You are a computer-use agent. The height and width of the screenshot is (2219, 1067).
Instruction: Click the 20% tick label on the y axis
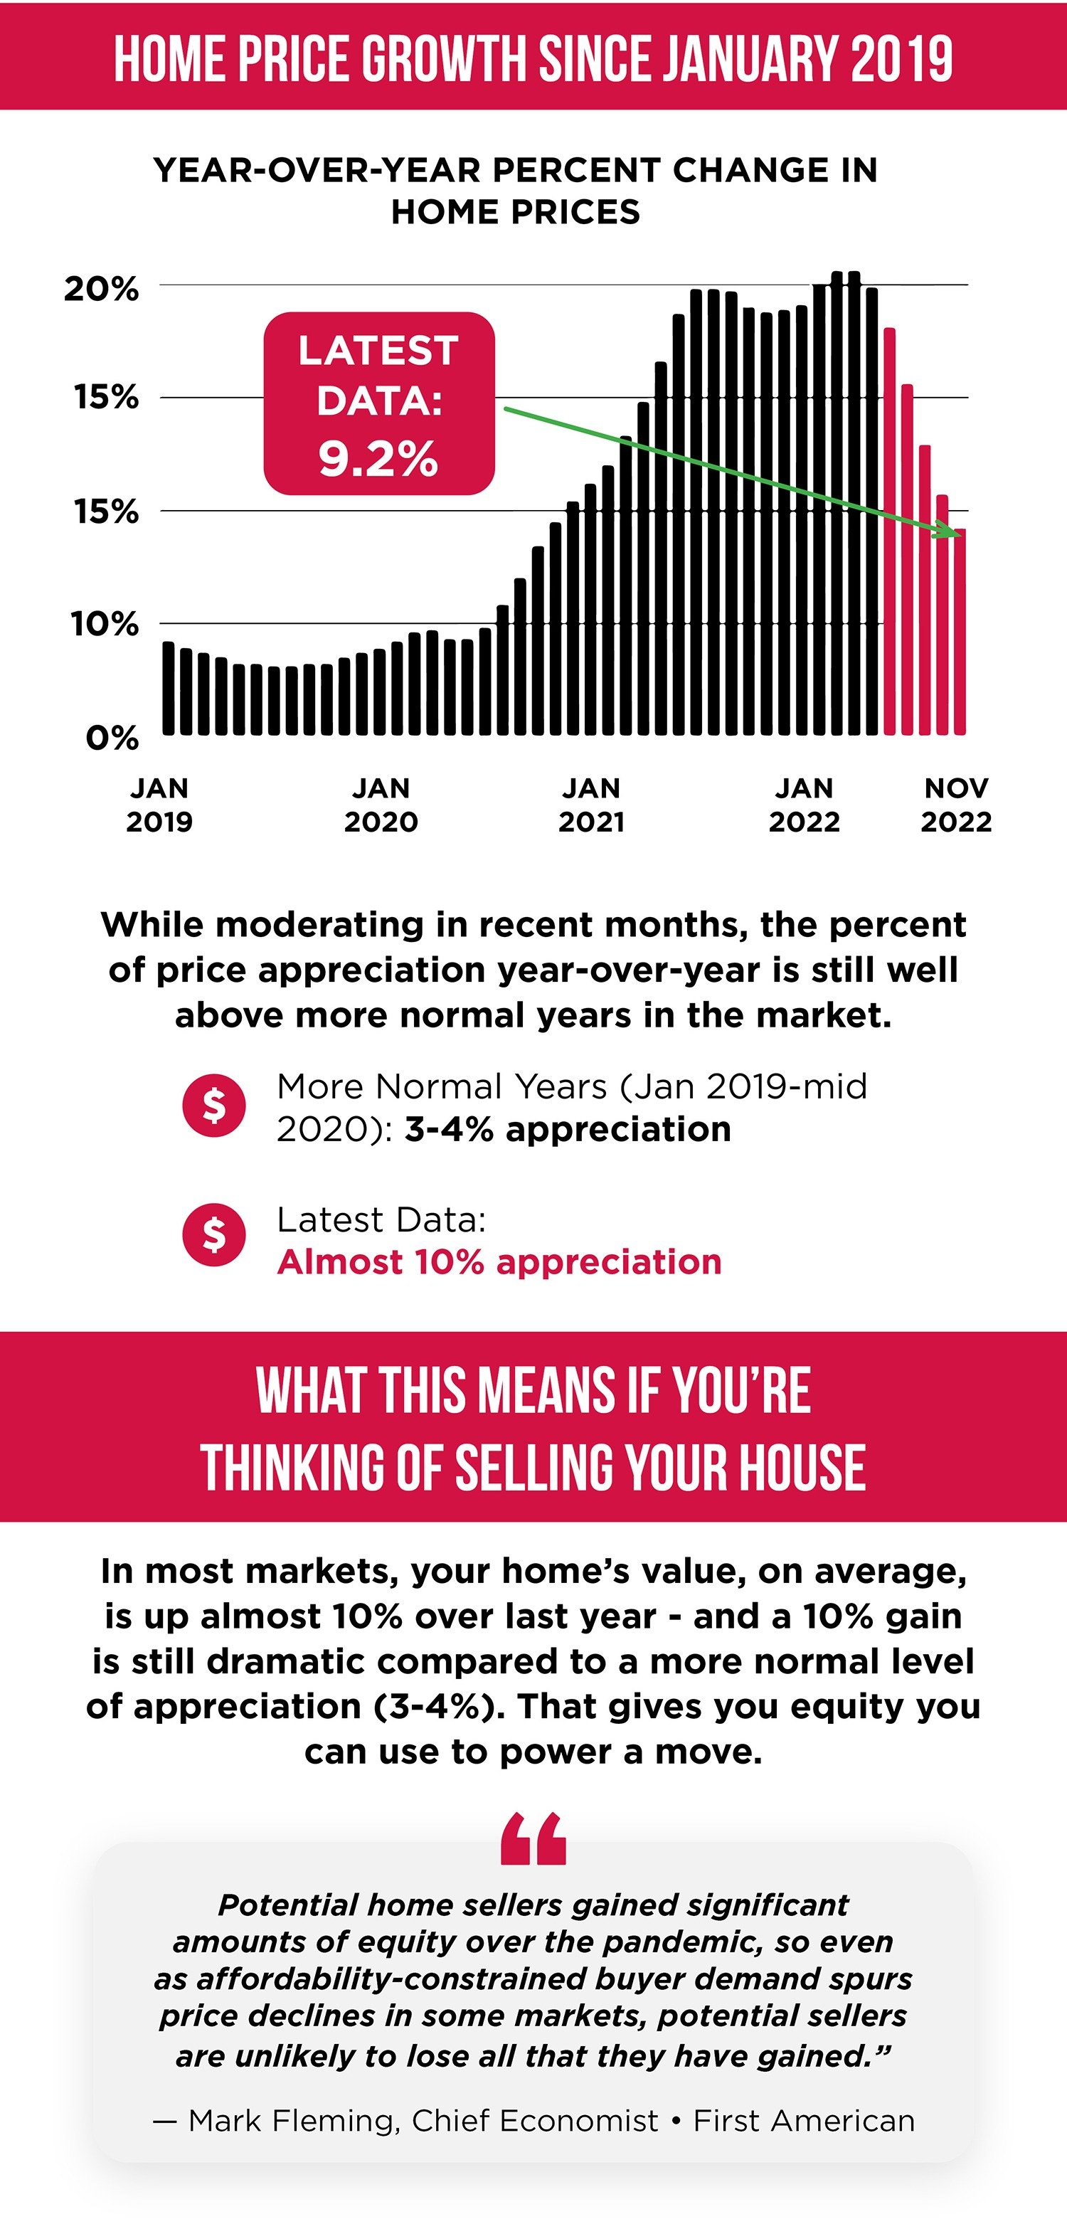pos(101,290)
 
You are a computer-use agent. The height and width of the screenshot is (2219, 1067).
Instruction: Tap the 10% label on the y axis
pos(104,624)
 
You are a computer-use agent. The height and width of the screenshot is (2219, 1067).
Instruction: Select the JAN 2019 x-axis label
pos(159,805)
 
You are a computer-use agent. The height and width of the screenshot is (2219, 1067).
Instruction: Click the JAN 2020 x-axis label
pos(381,805)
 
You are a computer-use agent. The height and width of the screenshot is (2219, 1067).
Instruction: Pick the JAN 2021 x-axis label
pos(591,805)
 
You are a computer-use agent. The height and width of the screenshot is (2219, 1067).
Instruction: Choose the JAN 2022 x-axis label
pos(804,805)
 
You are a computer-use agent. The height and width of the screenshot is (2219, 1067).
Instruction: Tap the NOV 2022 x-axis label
pos(956,805)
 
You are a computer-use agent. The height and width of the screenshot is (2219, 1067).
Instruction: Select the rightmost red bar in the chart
pos(960,632)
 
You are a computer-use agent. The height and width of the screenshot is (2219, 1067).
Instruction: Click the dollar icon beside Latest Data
pos(213,1234)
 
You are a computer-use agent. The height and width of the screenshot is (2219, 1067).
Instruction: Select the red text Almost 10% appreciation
pos(499,1262)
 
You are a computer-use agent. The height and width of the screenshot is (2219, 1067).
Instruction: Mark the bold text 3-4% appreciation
pos(568,1129)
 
